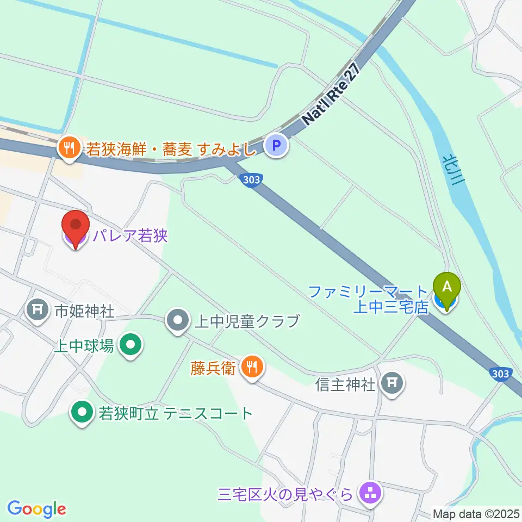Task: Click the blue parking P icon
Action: [277, 146]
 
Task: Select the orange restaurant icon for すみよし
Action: [69, 147]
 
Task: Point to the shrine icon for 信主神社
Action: [391, 384]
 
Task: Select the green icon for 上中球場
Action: [130, 345]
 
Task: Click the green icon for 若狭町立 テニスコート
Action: [82, 413]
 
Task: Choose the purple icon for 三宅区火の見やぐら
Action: [371, 494]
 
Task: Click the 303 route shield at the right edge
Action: [499, 374]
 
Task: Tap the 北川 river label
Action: [452, 169]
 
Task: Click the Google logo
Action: [36, 509]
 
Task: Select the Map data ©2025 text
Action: [476, 513]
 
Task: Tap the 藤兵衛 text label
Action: [213, 369]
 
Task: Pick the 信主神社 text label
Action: [345, 384]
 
